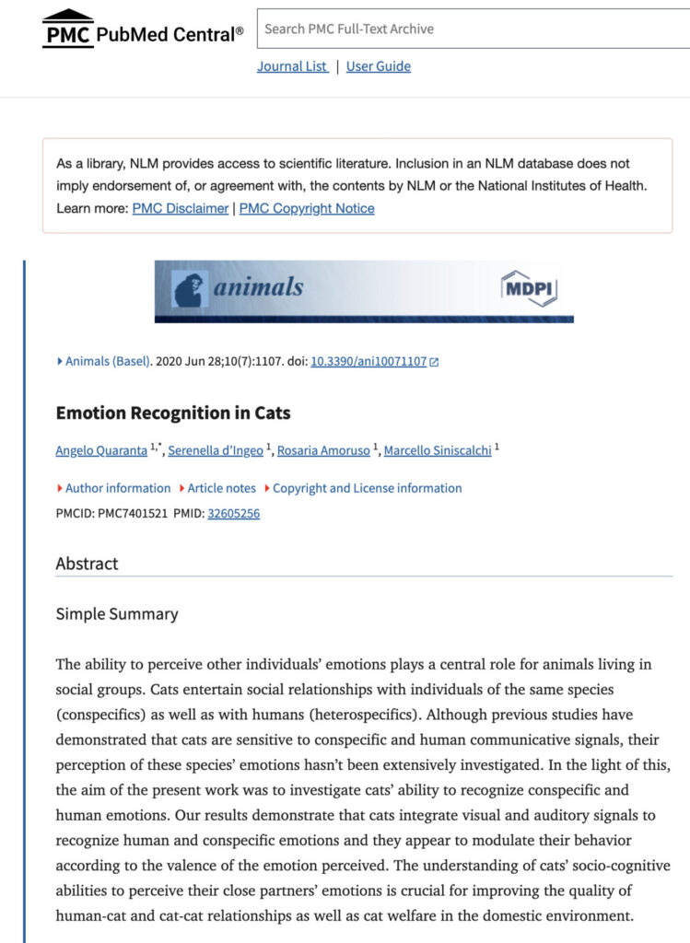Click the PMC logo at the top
pyautogui.click(x=69, y=29)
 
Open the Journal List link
pyautogui.click(x=292, y=66)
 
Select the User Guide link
pyautogui.click(x=379, y=66)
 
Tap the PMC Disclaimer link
pyautogui.click(x=181, y=208)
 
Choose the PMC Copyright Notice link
pyautogui.click(x=307, y=208)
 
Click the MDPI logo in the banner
pyautogui.click(x=529, y=288)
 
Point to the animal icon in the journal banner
pyautogui.click(x=190, y=288)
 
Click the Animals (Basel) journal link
pyautogui.click(x=108, y=361)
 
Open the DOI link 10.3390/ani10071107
pyautogui.click(x=368, y=361)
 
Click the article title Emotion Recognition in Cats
pyautogui.click(x=173, y=413)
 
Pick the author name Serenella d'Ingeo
pyautogui.click(x=215, y=450)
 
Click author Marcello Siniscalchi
pyautogui.click(x=438, y=450)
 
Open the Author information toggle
pyautogui.click(x=118, y=488)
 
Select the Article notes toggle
pyautogui.click(x=222, y=488)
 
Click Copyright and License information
pyautogui.click(x=367, y=488)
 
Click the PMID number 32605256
pyautogui.click(x=234, y=513)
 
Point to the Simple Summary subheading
pyautogui.click(x=117, y=613)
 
